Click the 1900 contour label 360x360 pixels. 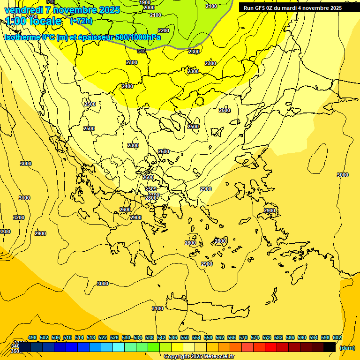click(145, 2)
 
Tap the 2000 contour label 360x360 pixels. click(149, 8)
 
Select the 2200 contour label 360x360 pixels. click(164, 30)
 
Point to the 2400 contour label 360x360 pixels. click(127, 86)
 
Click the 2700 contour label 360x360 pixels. click(153, 195)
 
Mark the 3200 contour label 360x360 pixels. click(19, 217)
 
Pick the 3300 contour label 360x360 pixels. click(5, 232)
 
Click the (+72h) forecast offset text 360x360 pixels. click(81, 21)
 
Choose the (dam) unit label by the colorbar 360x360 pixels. click(347, 348)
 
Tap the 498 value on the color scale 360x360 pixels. click(32, 337)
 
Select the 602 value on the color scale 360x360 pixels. click(337, 337)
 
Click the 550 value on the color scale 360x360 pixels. click(185, 337)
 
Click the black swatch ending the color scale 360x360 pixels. click(330, 347)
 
